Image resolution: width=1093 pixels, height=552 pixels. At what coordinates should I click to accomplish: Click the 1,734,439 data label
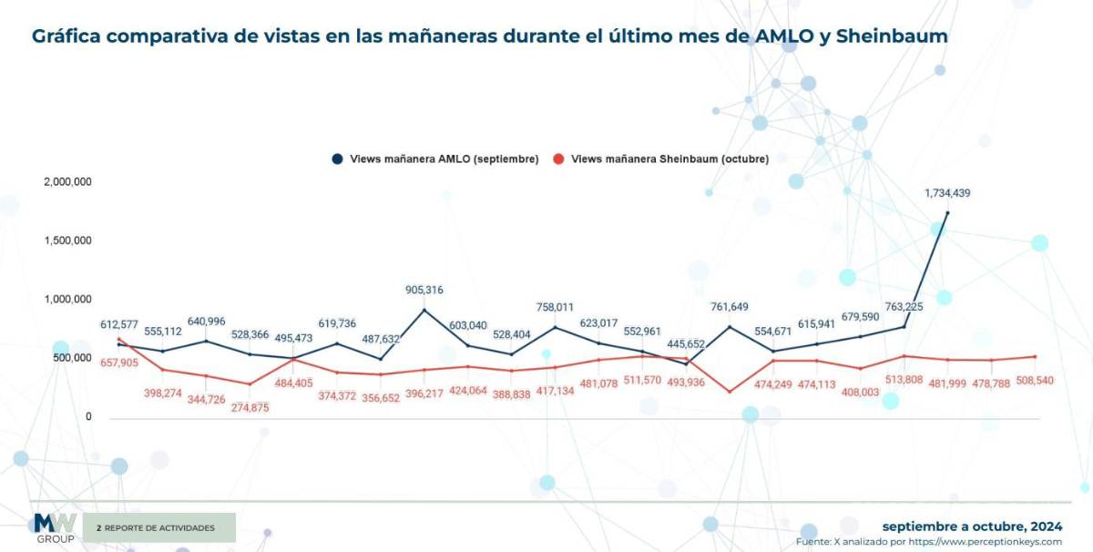[947, 193]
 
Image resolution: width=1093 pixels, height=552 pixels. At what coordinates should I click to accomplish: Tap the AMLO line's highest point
[947, 213]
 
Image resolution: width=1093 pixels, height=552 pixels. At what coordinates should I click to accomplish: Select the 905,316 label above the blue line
[424, 290]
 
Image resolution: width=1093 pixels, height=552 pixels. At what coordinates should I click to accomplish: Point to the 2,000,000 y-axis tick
[67, 182]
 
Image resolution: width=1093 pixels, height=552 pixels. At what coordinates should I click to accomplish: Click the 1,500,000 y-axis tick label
[67, 240]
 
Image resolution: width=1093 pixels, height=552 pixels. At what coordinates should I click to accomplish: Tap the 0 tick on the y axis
[88, 416]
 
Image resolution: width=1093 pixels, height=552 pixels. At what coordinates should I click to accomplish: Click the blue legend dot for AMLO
[337, 158]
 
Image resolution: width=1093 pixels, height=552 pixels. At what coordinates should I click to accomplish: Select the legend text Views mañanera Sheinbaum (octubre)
[669, 158]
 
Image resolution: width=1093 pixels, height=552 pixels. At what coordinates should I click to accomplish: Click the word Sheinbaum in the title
[891, 36]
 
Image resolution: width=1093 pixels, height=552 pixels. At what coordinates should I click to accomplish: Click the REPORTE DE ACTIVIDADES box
[159, 527]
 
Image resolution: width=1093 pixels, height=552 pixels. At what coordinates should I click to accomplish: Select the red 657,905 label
[119, 363]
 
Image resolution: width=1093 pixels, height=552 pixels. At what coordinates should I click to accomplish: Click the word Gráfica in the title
[68, 36]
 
